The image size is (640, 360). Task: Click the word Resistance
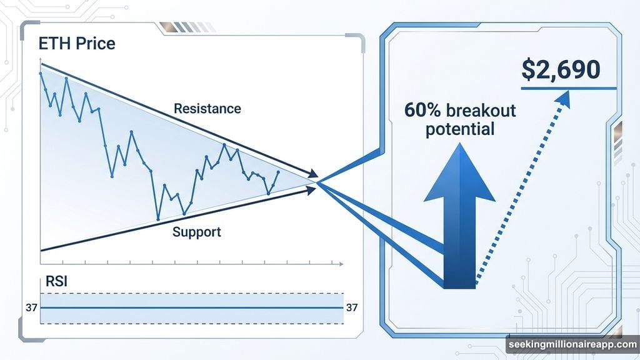207,108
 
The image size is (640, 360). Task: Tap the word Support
196,232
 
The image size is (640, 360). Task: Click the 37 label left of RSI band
31,307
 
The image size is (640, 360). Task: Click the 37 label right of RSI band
352,307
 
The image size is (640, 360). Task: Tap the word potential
459,129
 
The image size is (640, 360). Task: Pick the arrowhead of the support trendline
311,190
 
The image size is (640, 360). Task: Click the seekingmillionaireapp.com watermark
571,345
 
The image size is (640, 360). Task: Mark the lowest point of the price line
158,219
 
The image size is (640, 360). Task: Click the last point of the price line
278,172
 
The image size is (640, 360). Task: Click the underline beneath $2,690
568,88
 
